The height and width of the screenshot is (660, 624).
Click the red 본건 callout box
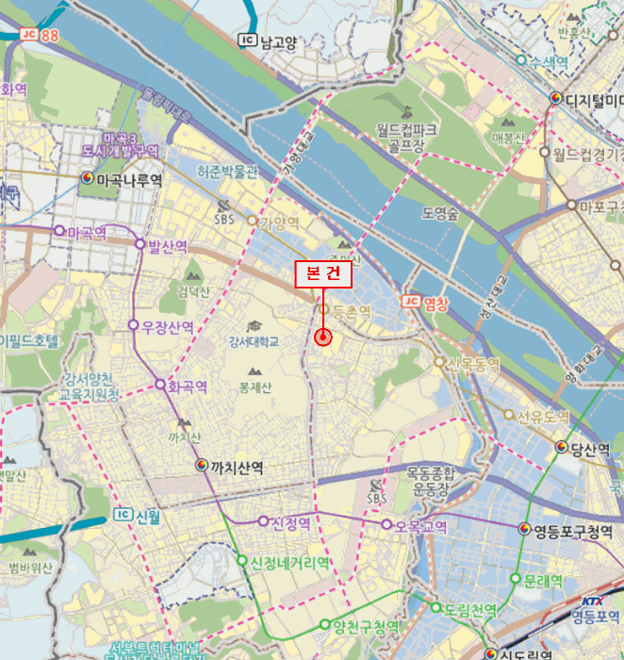(x=323, y=273)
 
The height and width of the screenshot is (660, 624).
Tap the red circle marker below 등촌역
(x=322, y=337)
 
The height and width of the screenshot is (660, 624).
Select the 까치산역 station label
(x=237, y=466)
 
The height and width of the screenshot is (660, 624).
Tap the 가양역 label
(x=279, y=223)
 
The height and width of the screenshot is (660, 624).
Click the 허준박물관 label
(x=226, y=173)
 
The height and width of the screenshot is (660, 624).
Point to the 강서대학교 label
(x=254, y=341)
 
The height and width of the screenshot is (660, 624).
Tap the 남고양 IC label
(x=277, y=41)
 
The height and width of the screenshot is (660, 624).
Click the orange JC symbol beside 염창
(x=409, y=302)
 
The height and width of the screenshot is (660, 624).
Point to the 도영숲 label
(x=439, y=213)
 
